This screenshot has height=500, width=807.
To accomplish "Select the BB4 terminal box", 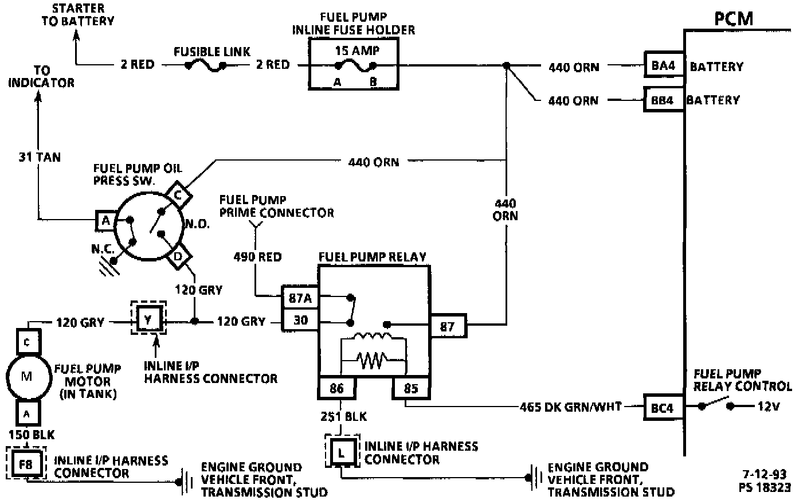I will pos(663,100).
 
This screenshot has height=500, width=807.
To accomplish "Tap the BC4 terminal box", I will pos(663,407).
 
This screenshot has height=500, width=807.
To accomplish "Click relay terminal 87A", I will pos(300,298).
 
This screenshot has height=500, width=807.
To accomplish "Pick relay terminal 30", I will pos(300,320).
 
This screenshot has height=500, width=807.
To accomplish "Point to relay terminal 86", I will pos(336,389).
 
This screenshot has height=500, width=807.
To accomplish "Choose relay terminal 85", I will pos(411,389).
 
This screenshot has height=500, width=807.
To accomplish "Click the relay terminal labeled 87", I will pos(448,327).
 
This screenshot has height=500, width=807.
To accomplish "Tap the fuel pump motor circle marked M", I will pos(27,376).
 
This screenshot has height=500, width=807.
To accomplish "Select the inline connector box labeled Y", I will pos(148,319).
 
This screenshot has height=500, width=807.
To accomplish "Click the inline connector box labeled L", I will pos(342,452).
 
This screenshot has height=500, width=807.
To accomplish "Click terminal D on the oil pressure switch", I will pos(178,257).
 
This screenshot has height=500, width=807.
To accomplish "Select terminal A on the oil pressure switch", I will pos(105,220).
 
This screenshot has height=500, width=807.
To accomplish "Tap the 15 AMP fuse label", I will pos(357,50).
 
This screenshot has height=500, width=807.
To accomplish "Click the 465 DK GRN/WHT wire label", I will pos(570,407).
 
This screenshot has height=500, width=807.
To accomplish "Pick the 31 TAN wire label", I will pos(40,157).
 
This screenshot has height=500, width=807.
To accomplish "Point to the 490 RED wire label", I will pos(257,257).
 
